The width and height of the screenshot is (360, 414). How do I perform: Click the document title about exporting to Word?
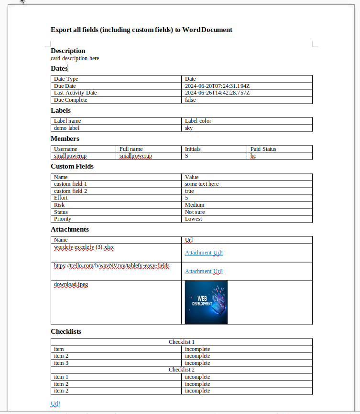tap(142, 30)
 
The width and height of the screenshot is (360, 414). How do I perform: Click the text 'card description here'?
tap(75, 58)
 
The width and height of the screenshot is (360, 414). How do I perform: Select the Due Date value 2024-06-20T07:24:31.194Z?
tap(217, 86)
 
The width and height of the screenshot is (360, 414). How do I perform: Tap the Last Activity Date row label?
tap(75, 93)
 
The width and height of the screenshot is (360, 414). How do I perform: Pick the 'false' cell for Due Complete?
tap(190, 100)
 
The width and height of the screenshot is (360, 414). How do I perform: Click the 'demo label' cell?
tap(66, 128)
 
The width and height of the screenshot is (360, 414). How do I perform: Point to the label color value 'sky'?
tap(189, 128)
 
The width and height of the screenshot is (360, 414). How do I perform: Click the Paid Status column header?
tap(263, 149)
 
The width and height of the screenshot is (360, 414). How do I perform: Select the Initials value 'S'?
tap(187, 156)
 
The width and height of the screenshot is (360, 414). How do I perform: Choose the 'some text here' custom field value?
tap(202, 184)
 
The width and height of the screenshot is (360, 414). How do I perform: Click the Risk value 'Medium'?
tap(195, 205)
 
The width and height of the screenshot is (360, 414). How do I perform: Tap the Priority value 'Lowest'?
tap(194, 219)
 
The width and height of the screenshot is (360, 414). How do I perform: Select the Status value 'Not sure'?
tap(196, 212)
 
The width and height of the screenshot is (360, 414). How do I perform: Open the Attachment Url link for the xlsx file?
tap(204, 253)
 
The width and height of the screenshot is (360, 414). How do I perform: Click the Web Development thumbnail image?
tap(206, 302)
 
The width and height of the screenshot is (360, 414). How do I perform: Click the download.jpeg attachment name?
tap(71, 284)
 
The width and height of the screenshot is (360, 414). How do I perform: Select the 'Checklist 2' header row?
tap(181, 370)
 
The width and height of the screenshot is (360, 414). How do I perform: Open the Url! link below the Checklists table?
tap(55, 403)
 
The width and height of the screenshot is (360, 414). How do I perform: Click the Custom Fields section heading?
tap(72, 166)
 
